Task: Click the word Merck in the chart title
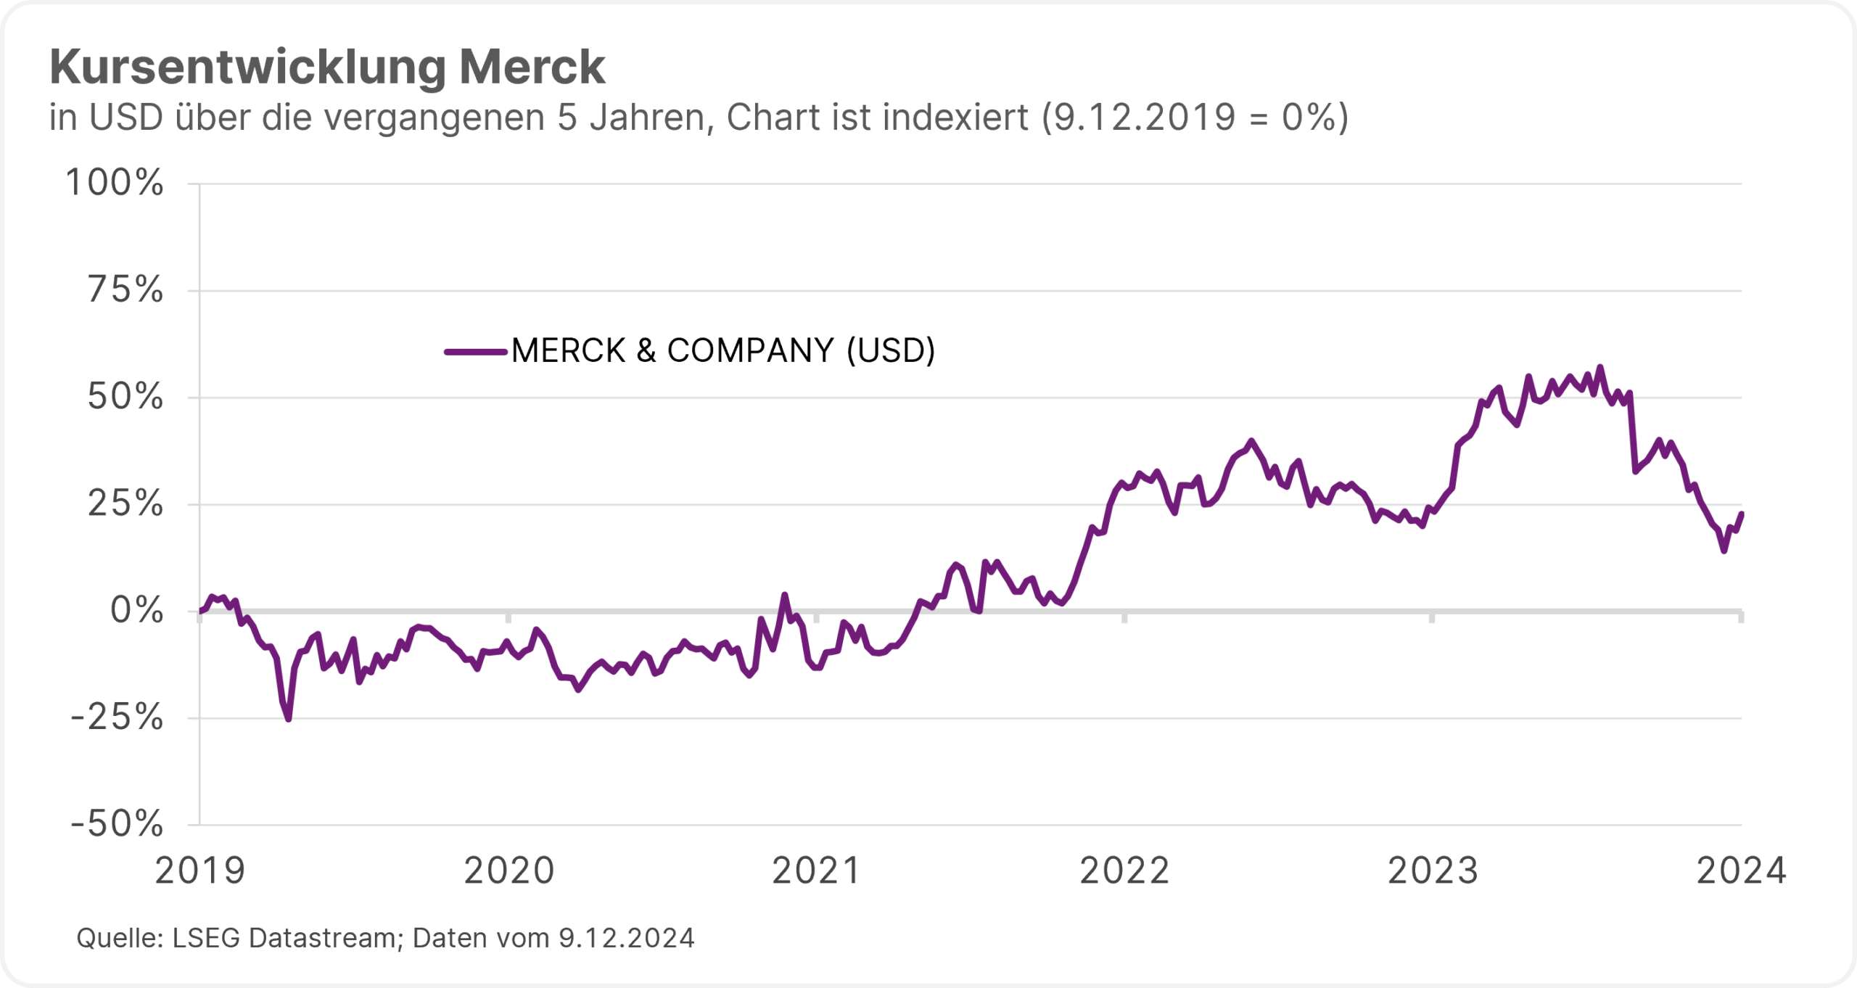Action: click(532, 67)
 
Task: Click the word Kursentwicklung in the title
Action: click(247, 67)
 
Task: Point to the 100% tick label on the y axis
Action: click(115, 182)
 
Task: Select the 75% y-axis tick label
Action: click(125, 290)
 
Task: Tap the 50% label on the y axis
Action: click(125, 397)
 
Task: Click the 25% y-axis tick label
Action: click(125, 503)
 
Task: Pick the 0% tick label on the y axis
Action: click(136, 610)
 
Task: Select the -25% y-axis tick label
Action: click(117, 717)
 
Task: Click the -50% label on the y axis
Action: click(117, 824)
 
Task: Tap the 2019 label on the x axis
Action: click(200, 871)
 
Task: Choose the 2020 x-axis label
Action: click(508, 871)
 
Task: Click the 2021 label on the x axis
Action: click(816, 871)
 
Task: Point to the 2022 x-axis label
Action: click(1124, 871)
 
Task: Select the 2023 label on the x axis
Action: click(1433, 871)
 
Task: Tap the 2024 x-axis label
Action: click(1740, 871)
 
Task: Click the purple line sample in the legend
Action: click(475, 352)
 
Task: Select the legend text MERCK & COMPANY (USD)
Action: click(723, 351)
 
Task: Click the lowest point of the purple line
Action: click(289, 719)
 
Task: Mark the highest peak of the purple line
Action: click(1600, 367)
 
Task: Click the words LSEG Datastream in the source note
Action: click(287, 938)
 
